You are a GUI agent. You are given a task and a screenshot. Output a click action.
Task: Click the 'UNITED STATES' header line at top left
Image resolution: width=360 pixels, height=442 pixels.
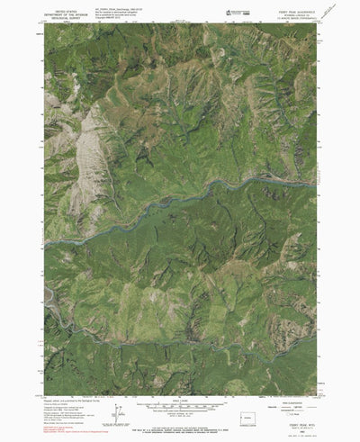coord(66,8)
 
